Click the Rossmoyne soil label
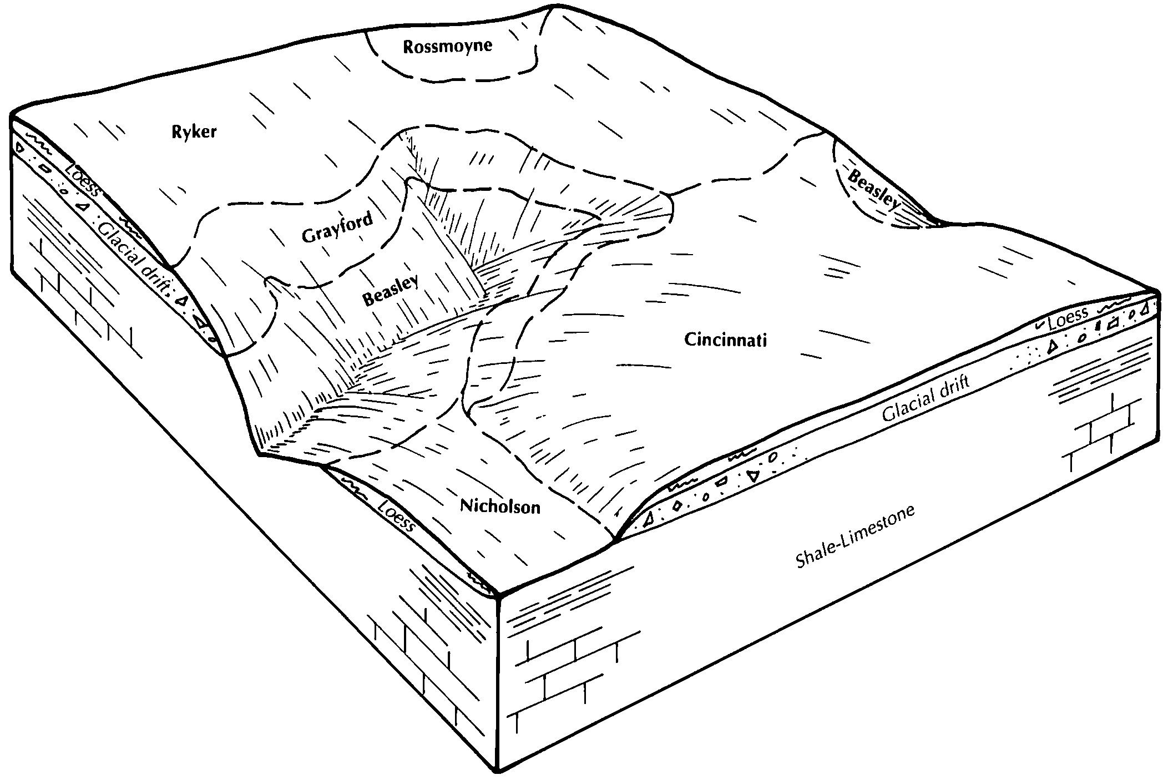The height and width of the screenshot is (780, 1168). click(447, 46)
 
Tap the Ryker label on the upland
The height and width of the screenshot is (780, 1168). click(194, 132)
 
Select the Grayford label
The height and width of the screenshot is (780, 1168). click(338, 227)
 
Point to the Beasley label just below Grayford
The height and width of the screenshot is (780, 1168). click(390, 291)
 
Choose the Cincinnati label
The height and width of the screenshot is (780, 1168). click(725, 340)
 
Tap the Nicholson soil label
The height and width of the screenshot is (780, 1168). click(500, 505)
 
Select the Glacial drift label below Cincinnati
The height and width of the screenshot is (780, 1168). click(926, 398)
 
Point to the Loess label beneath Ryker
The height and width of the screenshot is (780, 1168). click(81, 180)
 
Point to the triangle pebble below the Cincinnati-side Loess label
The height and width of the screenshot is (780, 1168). click(1050, 347)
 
